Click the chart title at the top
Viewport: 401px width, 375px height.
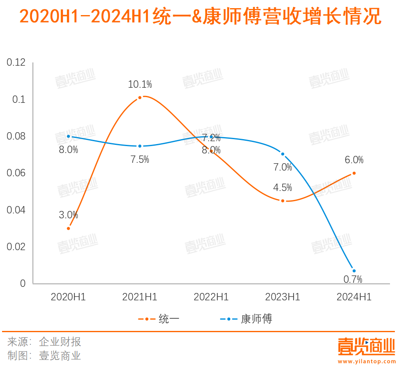pyautogui.click(x=200, y=18)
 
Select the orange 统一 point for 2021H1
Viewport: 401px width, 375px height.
pyautogui.click(x=140, y=98)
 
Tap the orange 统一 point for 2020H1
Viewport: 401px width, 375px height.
pyautogui.click(x=68, y=228)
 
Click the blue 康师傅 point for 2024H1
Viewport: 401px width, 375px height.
pyautogui.click(x=354, y=271)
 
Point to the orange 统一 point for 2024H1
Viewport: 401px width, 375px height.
pyautogui.click(x=354, y=173)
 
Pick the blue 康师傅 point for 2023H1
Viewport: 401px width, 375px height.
pyautogui.click(x=283, y=154)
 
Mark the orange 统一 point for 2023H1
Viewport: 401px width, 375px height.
pyautogui.click(x=283, y=201)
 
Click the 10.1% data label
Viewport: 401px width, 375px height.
pyautogui.click(x=140, y=84)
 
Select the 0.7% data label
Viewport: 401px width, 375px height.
pyautogui.click(x=353, y=280)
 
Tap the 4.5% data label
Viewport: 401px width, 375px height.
pyautogui.click(x=283, y=188)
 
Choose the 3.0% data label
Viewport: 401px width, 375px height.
pyautogui.click(x=68, y=215)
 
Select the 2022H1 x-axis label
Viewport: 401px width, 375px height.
pyautogui.click(x=211, y=297)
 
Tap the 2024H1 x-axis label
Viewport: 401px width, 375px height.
pyautogui.click(x=354, y=297)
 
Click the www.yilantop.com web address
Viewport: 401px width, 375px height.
pyautogui.click(x=367, y=362)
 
